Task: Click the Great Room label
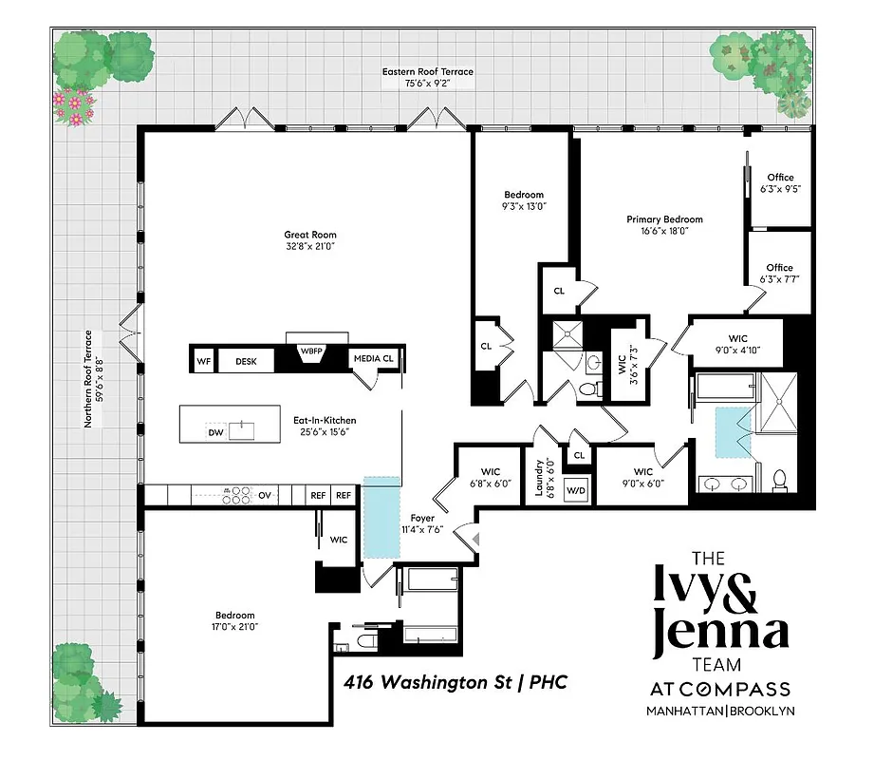(310, 241)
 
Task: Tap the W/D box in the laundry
(576, 490)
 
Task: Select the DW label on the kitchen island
(215, 433)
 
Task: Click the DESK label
(247, 361)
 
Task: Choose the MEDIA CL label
(373, 359)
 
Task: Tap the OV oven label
(266, 495)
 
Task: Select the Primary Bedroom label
(664, 224)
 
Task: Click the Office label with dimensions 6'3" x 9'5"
(781, 183)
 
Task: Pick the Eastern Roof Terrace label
(428, 77)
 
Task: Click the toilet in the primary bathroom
(780, 481)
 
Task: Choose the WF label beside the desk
(203, 361)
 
